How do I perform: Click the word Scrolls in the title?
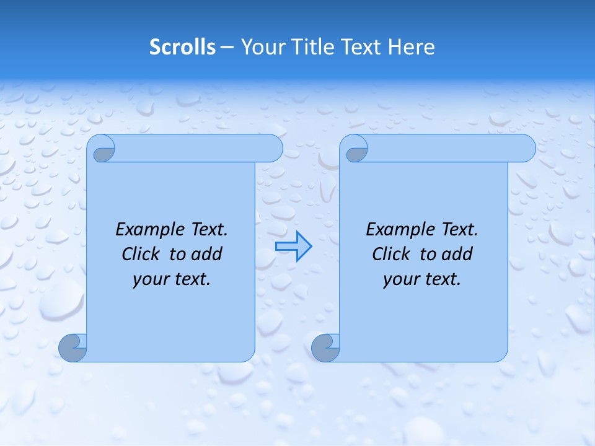click(x=182, y=47)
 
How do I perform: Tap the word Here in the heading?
click(x=411, y=47)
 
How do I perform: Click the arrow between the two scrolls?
click(x=293, y=247)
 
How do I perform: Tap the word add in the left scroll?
click(x=206, y=254)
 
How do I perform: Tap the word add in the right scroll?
click(x=457, y=254)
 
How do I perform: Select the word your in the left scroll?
click(x=150, y=279)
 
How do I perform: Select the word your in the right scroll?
click(x=400, y=279)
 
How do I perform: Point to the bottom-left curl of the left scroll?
click(x=73, y=348)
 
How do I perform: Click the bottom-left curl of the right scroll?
click(x=325, y=348)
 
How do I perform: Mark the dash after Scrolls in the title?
click(x=227, y=47)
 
